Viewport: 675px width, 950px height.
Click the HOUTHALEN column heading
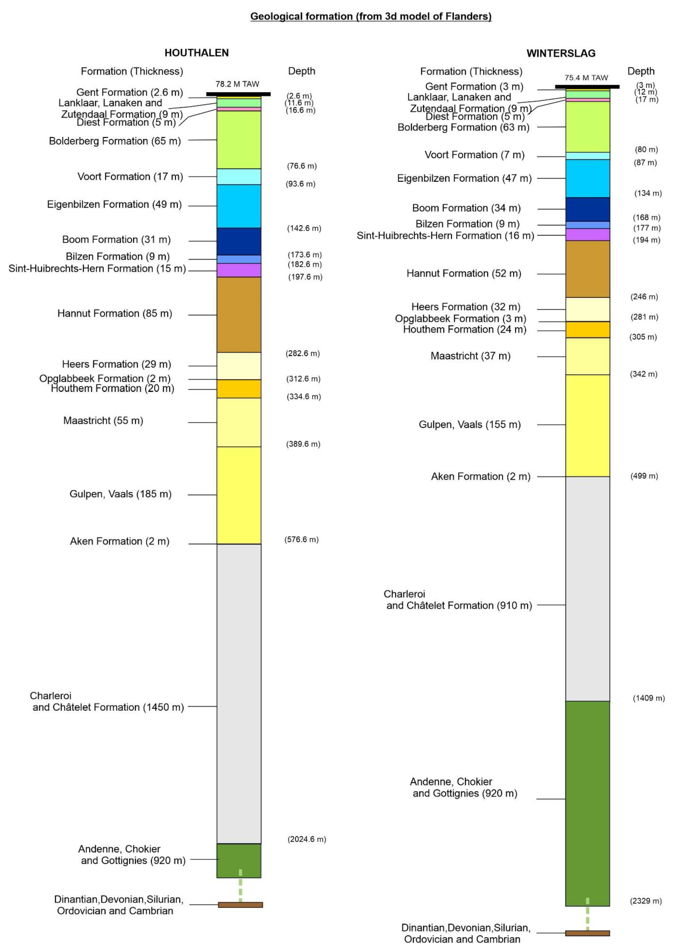197,53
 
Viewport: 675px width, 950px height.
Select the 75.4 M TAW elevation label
586,78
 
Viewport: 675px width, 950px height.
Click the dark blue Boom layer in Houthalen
239,241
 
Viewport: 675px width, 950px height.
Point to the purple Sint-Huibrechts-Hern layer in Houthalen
239,270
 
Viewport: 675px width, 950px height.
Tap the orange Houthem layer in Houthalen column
239,389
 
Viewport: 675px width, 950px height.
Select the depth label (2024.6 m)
307,839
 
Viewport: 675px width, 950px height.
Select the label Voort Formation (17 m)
130,177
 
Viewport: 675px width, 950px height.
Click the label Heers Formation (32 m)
465,307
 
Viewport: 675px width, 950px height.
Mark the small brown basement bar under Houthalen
240,905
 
